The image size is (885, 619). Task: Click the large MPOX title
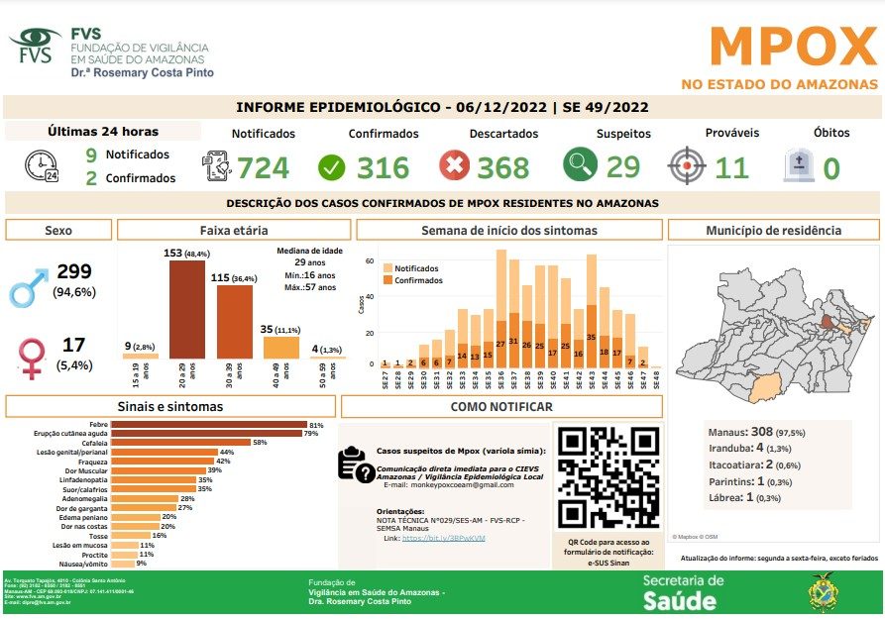(793, 47)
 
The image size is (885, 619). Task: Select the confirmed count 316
(383, 167)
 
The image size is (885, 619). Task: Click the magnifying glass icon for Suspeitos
(581, 164)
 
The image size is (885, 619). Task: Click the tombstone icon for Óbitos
(798, 165)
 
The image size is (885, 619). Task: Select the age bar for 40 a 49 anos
(280, 347)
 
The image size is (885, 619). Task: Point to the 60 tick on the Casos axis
(370, 261)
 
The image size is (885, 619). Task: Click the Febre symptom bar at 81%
(208, 425)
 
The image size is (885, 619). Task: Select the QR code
(607, 478)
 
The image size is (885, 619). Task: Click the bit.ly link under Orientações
(442, 538)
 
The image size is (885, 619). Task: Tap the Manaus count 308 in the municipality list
(763, 433)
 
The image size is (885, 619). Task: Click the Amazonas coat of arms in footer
(823, 592)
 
